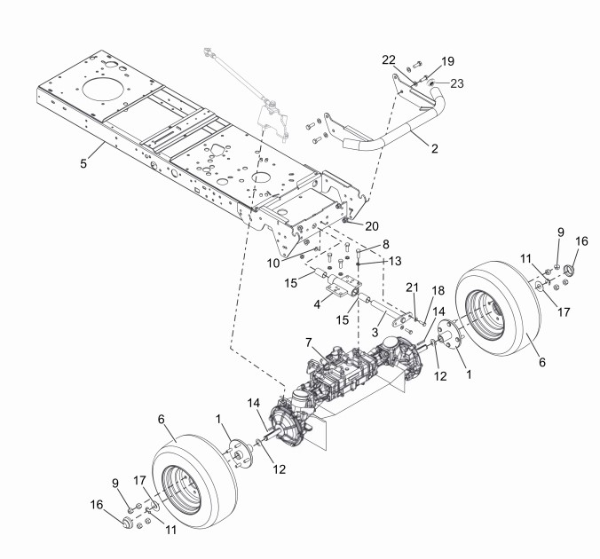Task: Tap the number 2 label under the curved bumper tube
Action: tap(434, 148)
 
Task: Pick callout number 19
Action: tap(447, 61)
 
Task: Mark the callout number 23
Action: tap(456, 85)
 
